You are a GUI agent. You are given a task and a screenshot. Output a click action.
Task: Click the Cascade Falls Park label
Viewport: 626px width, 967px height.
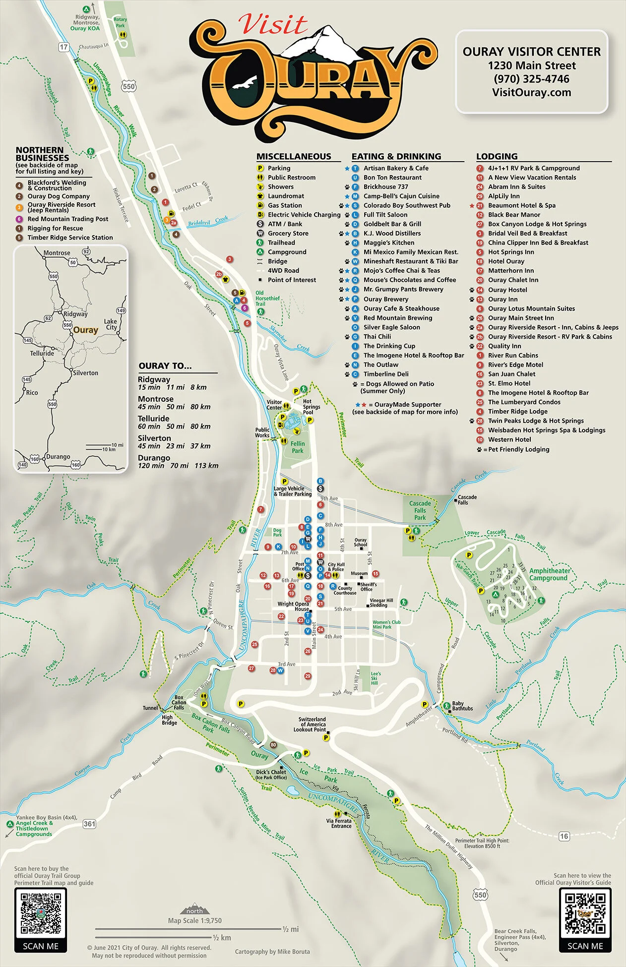420,510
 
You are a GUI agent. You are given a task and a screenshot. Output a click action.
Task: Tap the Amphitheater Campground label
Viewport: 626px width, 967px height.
549,574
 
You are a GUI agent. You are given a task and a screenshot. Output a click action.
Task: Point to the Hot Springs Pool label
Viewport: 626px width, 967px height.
311,407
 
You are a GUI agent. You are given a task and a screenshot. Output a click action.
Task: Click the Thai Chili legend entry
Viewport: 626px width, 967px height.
377,337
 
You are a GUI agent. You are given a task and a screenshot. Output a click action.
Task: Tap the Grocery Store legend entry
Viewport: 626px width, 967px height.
288,233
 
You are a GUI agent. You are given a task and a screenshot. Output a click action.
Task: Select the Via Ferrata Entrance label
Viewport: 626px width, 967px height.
339,824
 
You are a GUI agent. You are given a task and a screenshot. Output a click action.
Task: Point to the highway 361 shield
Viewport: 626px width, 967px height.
89,824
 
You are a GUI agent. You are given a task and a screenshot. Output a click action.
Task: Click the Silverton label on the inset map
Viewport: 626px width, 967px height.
85,373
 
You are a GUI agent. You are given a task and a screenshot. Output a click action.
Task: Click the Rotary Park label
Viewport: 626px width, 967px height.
120,22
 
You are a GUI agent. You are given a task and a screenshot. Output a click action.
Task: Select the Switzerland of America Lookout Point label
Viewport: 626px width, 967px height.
312,724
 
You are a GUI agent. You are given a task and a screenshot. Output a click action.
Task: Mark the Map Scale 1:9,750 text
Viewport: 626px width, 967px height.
194,920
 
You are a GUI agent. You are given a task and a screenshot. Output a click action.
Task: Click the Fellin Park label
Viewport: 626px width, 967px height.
298,447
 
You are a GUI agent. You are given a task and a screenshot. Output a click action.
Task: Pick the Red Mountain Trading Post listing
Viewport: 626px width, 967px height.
67,219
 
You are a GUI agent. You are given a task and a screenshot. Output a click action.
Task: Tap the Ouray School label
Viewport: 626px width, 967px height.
361,543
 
